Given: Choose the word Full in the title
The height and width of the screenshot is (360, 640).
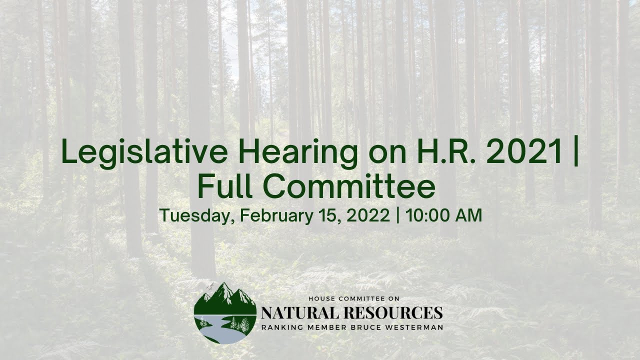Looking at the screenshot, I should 225,186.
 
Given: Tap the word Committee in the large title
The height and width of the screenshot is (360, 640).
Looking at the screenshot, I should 349,186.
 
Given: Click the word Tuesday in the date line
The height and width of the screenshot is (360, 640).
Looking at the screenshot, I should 196,216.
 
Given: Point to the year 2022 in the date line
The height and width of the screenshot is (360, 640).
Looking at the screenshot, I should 367,215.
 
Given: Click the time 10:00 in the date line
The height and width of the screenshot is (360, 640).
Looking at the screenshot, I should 430,215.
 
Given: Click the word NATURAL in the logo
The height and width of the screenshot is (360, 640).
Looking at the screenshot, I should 296,313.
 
